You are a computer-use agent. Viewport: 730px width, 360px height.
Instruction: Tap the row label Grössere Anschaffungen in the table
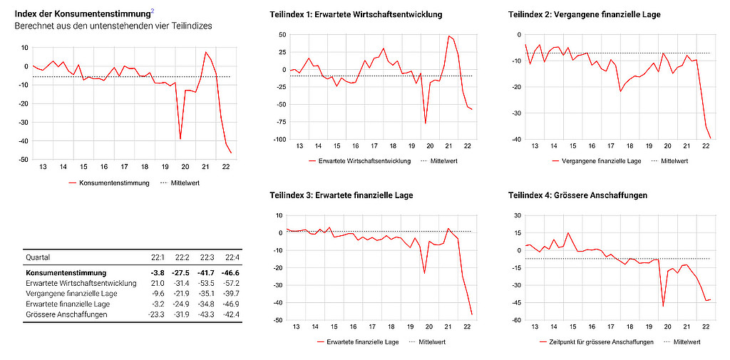[x=66, y=314]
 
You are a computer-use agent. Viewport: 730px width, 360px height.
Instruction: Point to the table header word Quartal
[x=38, y=257]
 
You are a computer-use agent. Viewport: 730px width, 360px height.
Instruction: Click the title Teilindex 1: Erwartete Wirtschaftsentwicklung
[x=356, y=14]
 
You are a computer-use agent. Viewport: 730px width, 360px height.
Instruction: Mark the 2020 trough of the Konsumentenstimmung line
[x=180, y=139]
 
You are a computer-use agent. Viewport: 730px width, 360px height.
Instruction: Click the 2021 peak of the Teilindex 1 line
[x=449, y=36]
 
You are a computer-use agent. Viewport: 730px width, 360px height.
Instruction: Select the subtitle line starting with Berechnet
[x=113, y=26]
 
